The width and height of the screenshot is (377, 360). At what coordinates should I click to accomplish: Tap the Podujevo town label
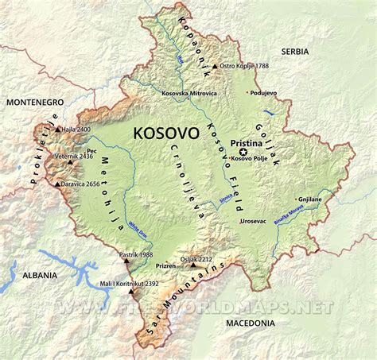pyautogui.click(x=266, y=92)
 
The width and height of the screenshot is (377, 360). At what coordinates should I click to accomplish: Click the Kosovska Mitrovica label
pyautogui.click(x=188, y=94)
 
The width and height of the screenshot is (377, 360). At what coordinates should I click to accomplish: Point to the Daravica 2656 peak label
pyautogui.click(x=86, y=184)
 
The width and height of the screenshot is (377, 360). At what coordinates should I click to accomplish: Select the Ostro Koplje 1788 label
pyautogui.click(x=243, y=67)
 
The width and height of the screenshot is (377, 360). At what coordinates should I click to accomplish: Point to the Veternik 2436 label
pyautogui.click(x=99, y=157)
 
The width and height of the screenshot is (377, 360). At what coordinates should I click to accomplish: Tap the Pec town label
pyautogui.click(x=92, y=148)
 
